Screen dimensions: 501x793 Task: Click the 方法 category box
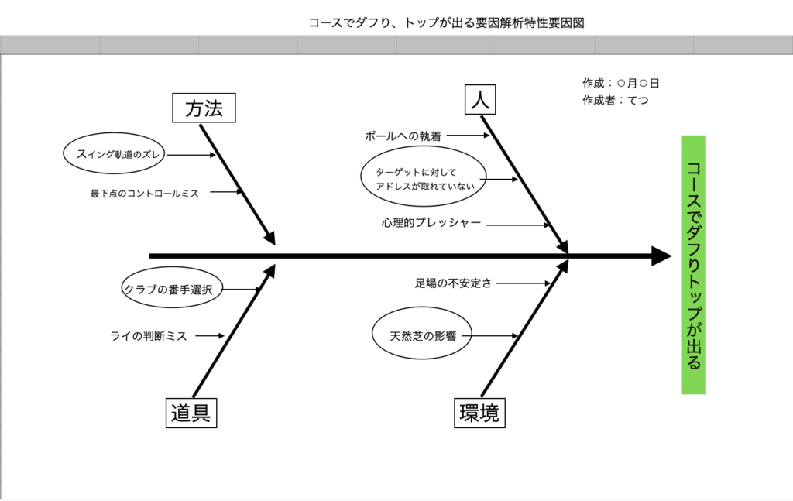coord(204,108)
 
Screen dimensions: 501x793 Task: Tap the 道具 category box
coord(191,413)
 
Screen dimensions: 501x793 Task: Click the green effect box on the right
coord(694,265)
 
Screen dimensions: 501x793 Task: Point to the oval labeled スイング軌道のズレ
coord(114,154)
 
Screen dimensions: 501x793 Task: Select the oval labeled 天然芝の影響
coord(421,336)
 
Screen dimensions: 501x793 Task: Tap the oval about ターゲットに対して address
coord(424,178)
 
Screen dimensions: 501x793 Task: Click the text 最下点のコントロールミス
coord(145,194)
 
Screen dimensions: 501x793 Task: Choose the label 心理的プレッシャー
coord(431,223)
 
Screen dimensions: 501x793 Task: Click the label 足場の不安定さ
coord(453,283)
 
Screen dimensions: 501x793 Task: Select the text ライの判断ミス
coord(149,336)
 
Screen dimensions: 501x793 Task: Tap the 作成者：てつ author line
coord(616,100)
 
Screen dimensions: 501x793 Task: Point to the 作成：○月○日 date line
coord(621,83)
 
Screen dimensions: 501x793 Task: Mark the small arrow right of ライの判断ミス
coord(210,336)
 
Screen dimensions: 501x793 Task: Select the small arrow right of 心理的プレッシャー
coord(519,225)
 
